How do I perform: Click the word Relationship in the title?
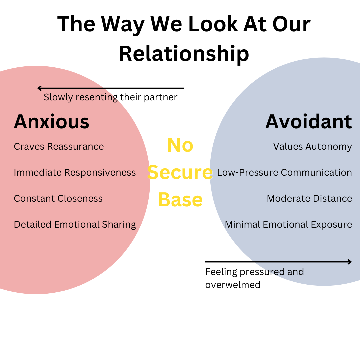coord(184,53)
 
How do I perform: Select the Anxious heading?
coord(52,122)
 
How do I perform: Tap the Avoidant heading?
coord(309,122)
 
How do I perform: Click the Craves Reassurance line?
coord(59,147)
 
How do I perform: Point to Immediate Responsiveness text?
coord(75,173)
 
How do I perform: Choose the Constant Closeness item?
coord(58,199)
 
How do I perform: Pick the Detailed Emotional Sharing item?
coord(75,225)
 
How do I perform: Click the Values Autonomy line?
coord(312,147)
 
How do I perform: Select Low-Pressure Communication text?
coord(284,173)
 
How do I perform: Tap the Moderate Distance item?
coord(309,199)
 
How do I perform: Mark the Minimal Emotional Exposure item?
coord(288,225)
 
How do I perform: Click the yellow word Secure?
coord(180,172)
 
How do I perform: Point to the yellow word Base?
coord(180,199)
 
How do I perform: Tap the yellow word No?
coord(180,145)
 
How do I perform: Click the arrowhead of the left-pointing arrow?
coord(39,88)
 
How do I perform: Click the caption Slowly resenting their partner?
coord(110,97)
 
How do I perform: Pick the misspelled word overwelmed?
coord(233,285)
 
